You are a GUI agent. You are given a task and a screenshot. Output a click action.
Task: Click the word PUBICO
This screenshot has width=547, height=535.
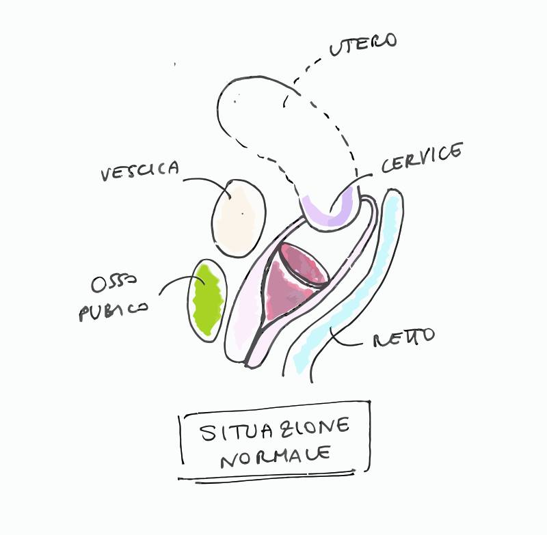(x=112, y=312)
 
